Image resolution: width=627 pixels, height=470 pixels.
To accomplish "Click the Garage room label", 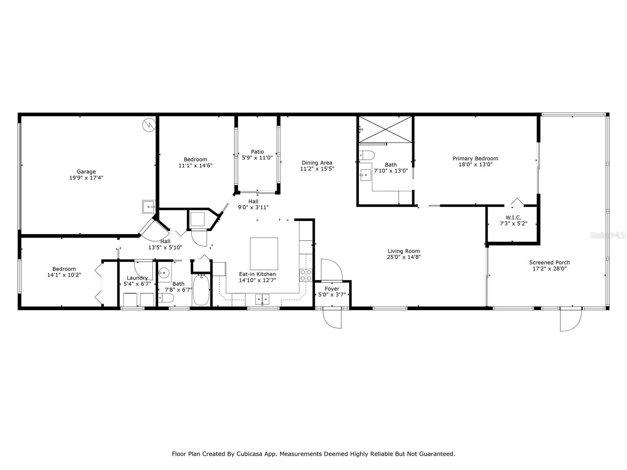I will click(86, 172).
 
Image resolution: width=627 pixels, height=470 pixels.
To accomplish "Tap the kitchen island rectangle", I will click(264, 253).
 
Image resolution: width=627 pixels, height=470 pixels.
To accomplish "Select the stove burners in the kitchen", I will click(306, 275).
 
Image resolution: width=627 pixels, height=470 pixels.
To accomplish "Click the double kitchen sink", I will click(263, 300).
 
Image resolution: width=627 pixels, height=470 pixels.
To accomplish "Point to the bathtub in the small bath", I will click(201, 290).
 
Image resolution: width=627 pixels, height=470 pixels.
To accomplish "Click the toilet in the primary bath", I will click(367, 155).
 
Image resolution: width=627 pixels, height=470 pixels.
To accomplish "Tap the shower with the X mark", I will click(386, 129).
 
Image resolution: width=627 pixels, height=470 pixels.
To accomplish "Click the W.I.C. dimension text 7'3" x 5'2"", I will click(513, 224).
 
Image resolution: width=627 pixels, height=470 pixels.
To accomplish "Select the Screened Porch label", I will click(549, 262).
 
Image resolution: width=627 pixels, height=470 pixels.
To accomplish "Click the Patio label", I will click(257, 152).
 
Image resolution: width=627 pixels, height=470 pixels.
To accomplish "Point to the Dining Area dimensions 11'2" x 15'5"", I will click(317, 169).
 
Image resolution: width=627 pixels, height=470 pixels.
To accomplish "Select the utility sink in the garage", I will click(149, 206).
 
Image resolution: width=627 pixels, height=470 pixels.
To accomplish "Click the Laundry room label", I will click(137, 278).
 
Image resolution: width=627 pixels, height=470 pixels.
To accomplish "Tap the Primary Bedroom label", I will click(475, 159).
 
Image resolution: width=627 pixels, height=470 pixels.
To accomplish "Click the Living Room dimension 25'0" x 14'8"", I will click(404, 257).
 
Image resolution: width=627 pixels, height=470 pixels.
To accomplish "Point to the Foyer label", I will click(332, 289).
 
